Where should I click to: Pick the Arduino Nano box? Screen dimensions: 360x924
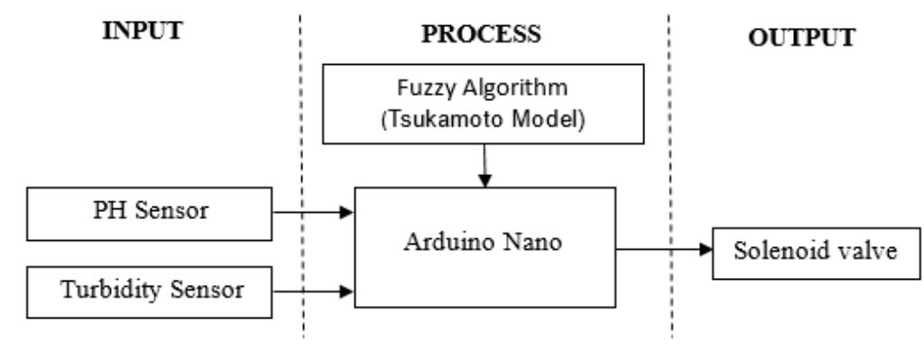click(x=485, y=247)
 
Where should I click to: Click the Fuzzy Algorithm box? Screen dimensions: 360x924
click(x=485, y=106)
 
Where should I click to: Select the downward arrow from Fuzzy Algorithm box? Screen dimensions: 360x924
click(x=485, y=166)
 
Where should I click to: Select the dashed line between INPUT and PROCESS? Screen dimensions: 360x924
click(x=302, y=180)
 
